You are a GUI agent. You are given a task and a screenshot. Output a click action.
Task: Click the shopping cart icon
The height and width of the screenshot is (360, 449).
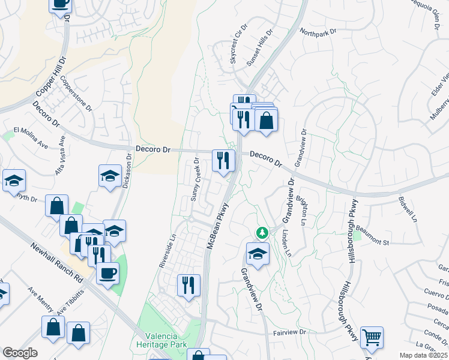click(372, 337)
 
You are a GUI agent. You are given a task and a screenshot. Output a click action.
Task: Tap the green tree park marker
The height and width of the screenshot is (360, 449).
click(262, 232)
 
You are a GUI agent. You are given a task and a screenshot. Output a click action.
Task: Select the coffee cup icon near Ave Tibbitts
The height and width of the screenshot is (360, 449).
click(107, 274)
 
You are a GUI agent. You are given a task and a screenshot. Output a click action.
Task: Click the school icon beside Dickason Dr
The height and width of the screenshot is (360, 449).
click(110, 176)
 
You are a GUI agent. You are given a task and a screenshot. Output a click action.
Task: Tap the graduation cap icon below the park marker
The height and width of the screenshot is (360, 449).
click(258, 253)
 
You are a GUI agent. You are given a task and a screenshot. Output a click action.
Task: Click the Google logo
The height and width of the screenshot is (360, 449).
click(20, 353)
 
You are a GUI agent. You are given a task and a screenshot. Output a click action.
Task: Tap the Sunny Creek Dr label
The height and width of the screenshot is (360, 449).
click(196, 179)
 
